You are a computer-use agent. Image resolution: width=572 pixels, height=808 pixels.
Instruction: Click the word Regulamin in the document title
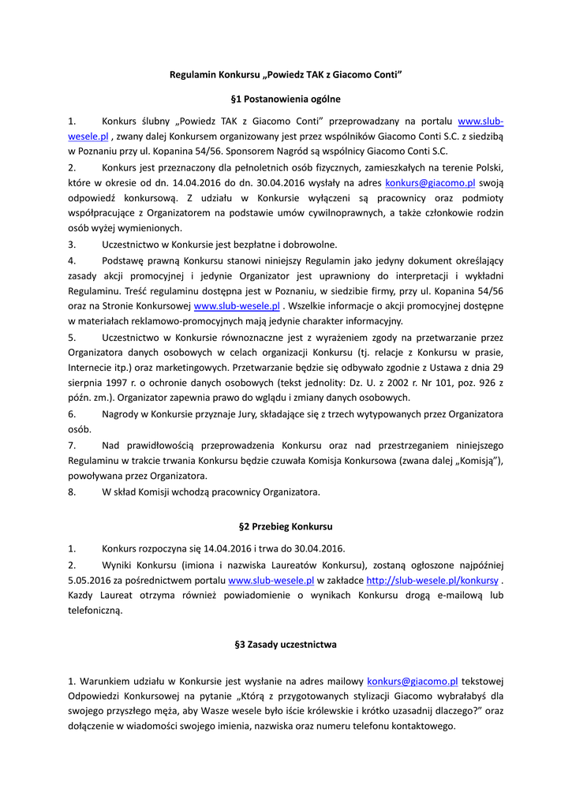tap(193, 75)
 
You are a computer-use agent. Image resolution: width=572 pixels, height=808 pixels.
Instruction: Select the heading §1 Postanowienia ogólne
tap(286, 99)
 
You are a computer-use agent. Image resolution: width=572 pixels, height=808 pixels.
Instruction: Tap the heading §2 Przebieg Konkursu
tap(286, 526)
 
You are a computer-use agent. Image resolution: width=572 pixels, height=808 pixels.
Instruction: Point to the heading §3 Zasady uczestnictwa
tap(286, 644)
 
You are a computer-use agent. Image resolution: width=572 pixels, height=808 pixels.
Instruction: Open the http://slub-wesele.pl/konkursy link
tap(432, 580)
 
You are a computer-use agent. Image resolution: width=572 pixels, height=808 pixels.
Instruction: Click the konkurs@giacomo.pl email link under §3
tap(413, 680)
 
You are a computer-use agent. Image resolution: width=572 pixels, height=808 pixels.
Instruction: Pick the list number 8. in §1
tap(72, 492)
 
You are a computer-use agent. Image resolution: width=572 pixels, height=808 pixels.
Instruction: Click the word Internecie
tap(91, 368)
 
